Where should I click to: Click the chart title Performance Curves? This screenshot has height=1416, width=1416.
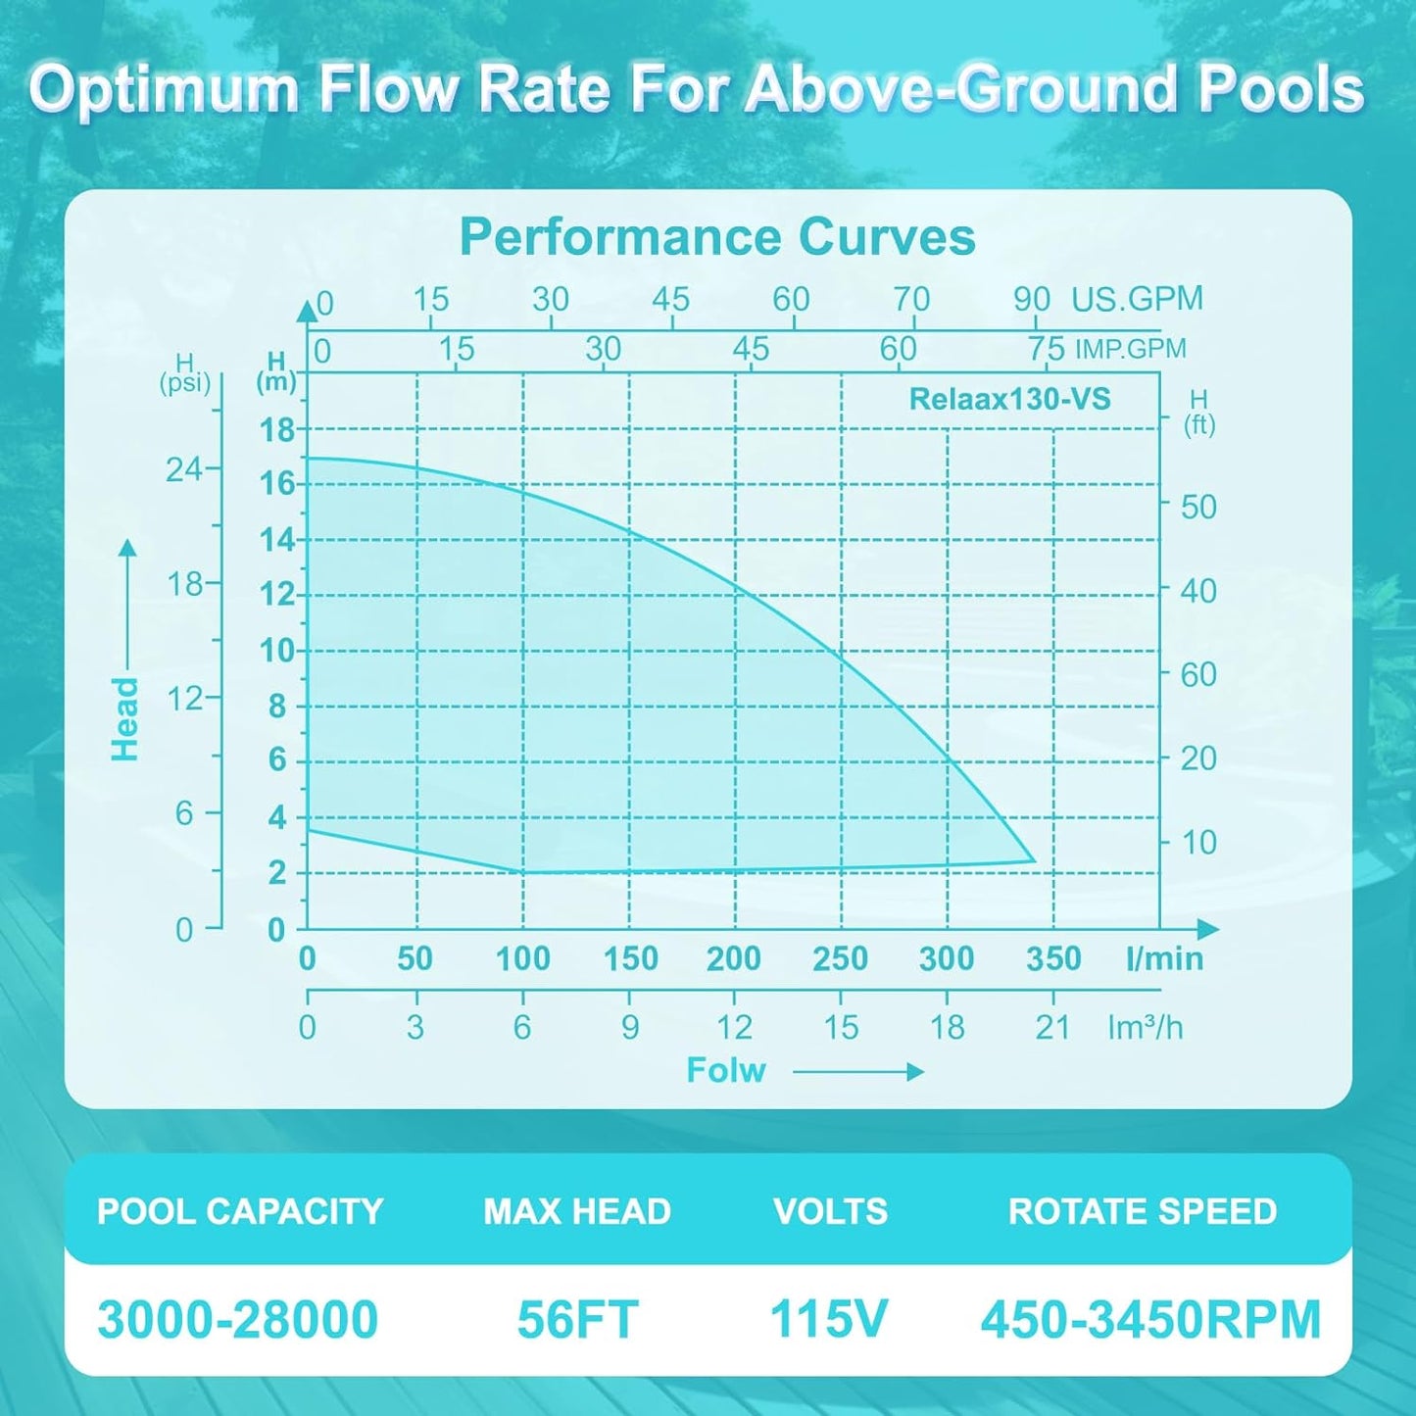click(x=717, y=237)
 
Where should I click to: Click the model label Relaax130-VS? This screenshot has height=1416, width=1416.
click(x=1009, y=399)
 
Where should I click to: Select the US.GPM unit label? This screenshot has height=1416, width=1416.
click(x=1137, y=299)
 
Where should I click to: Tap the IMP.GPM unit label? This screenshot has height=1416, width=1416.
click(x=1130, y=349)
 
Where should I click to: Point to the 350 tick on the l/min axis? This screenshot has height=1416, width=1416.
click(x=1053, y=958)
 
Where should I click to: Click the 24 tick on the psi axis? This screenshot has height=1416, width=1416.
click(x=184, y=470)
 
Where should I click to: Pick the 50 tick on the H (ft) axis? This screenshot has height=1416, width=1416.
click(x=1197, y=507)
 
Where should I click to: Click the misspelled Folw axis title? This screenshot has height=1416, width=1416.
click(x=725, y=1070)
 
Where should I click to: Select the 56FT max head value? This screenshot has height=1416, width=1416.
click(x=577, y=1319)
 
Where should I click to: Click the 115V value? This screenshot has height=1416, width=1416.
click(x=829, y=1318)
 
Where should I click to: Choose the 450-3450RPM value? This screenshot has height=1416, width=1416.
click(x=1150, y=1319)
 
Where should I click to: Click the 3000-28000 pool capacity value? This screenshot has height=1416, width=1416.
click(x=238, y=1319)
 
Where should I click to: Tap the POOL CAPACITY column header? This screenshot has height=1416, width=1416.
click(x=240, y=1211)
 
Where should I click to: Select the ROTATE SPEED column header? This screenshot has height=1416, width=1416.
click(x=1143, y=1211)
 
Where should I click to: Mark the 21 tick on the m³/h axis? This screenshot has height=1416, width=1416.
click(x=1053, y=1027)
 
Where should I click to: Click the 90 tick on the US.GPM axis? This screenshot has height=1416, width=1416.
click(x=1032, y=300)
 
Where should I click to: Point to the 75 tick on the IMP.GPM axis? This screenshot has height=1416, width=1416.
click(x=1046, y=349)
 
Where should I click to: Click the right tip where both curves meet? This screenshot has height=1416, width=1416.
click(x=1034, y=860)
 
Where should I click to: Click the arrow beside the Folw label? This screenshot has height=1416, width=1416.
click(x=858, y=1072)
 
